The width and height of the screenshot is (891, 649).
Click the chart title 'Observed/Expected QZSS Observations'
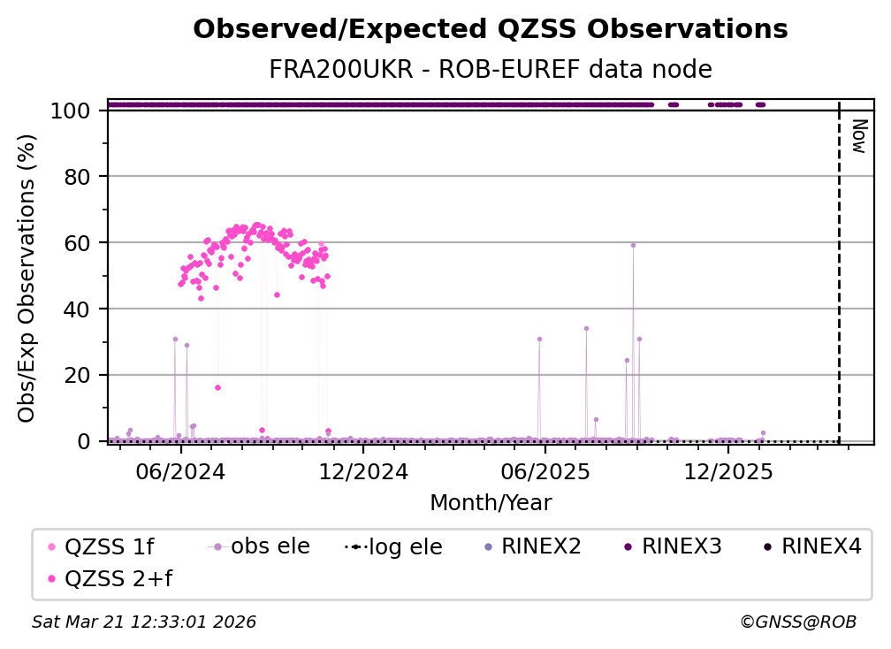(x=490, y=29)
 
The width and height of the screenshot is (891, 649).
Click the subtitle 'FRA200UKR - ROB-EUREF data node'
(x=490, y=70)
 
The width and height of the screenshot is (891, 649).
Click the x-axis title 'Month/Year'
(x=491, y=503)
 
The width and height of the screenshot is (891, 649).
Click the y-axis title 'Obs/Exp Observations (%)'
(x=27, y=278)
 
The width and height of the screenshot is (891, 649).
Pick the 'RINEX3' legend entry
(x=682, y=546)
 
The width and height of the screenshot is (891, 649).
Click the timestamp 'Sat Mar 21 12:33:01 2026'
(x=144, y=622)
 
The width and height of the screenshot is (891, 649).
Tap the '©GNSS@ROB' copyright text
(x=798, y=622)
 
